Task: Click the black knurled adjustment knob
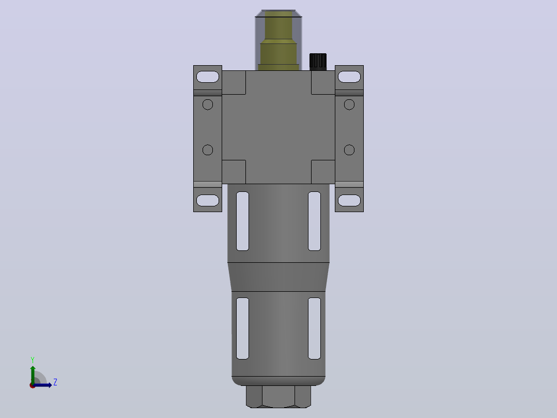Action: pyautogui.click(x=318, y=62)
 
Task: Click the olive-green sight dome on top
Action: pyautogui.click(x=278, y=40)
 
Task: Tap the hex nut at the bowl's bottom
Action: pyautogui.click(x=278, y=397)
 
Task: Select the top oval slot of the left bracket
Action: pyautogui.click(x=208, y=77)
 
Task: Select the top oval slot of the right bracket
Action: pyautogui.click(x=349, y=77)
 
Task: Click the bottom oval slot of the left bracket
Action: pyautogui.click(x=208, y=200)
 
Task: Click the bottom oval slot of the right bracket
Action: pyautogui.click(x=349, y=200)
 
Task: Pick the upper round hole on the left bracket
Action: pyautogui.click(x=208, y=104)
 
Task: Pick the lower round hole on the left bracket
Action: pyautogui.click(x=208, y=150)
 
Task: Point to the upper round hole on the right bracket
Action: pyautogui.click(x=349, y=104)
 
